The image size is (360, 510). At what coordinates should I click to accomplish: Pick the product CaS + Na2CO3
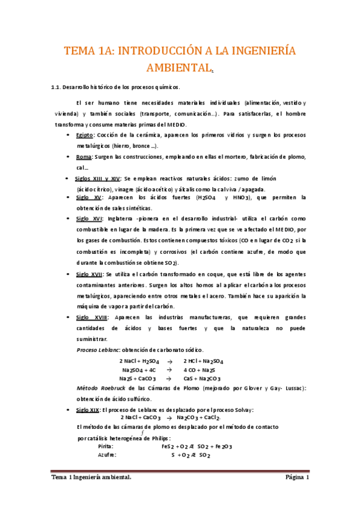[203, 379]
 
